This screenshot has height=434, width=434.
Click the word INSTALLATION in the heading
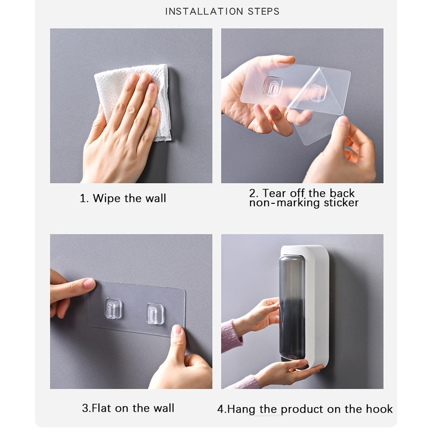tap(204, 11)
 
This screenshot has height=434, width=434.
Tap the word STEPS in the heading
tap(264, 11)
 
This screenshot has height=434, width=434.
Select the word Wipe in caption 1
tap(107, 198)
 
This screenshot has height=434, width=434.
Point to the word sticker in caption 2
tap(341, 203)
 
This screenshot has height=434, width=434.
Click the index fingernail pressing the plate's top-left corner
tap(90, 284)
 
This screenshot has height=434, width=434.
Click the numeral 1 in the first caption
tap(82, 199)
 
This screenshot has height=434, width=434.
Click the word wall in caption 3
tap(164, 408)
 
